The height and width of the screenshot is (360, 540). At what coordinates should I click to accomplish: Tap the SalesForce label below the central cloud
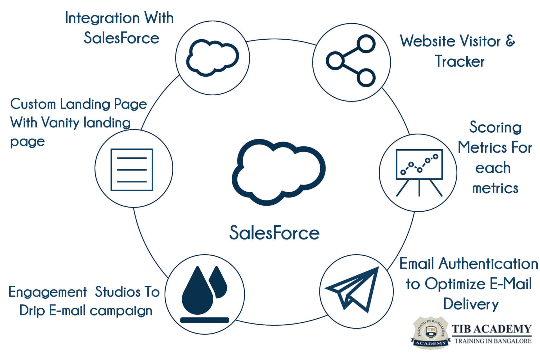274,233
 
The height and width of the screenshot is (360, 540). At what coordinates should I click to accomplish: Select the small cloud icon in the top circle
212,58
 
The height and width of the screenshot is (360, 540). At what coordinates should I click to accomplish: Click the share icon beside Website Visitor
351,61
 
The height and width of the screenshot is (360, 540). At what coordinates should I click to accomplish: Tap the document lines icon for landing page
132,170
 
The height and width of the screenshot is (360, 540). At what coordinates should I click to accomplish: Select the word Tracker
460,61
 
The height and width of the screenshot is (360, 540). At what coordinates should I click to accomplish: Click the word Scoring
495,127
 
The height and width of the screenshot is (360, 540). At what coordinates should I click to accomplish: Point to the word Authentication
488,264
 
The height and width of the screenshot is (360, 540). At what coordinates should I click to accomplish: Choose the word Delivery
471,304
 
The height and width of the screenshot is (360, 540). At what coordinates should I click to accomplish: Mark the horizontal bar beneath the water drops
204,320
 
